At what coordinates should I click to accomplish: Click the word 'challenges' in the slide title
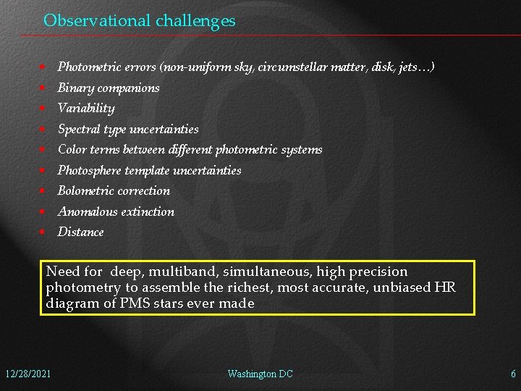pyautogui.click(x=195, y=21)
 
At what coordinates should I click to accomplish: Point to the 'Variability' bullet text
pyautogui.click(x=86, y=109)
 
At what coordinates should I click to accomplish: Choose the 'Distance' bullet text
pyautogui.click(x=80, y=232)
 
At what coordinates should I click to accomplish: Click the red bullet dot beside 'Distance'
pyautogui.click(x=43, y=232)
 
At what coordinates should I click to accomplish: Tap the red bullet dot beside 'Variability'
pyautogui.click(x=43, y=109)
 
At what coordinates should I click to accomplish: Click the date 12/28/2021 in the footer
pyautogui.click(x=27, y=374)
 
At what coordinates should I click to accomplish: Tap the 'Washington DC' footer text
pyautogui.click(x=260, y=374)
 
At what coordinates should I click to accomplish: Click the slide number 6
pyautogui.click(x=513, y=374)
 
